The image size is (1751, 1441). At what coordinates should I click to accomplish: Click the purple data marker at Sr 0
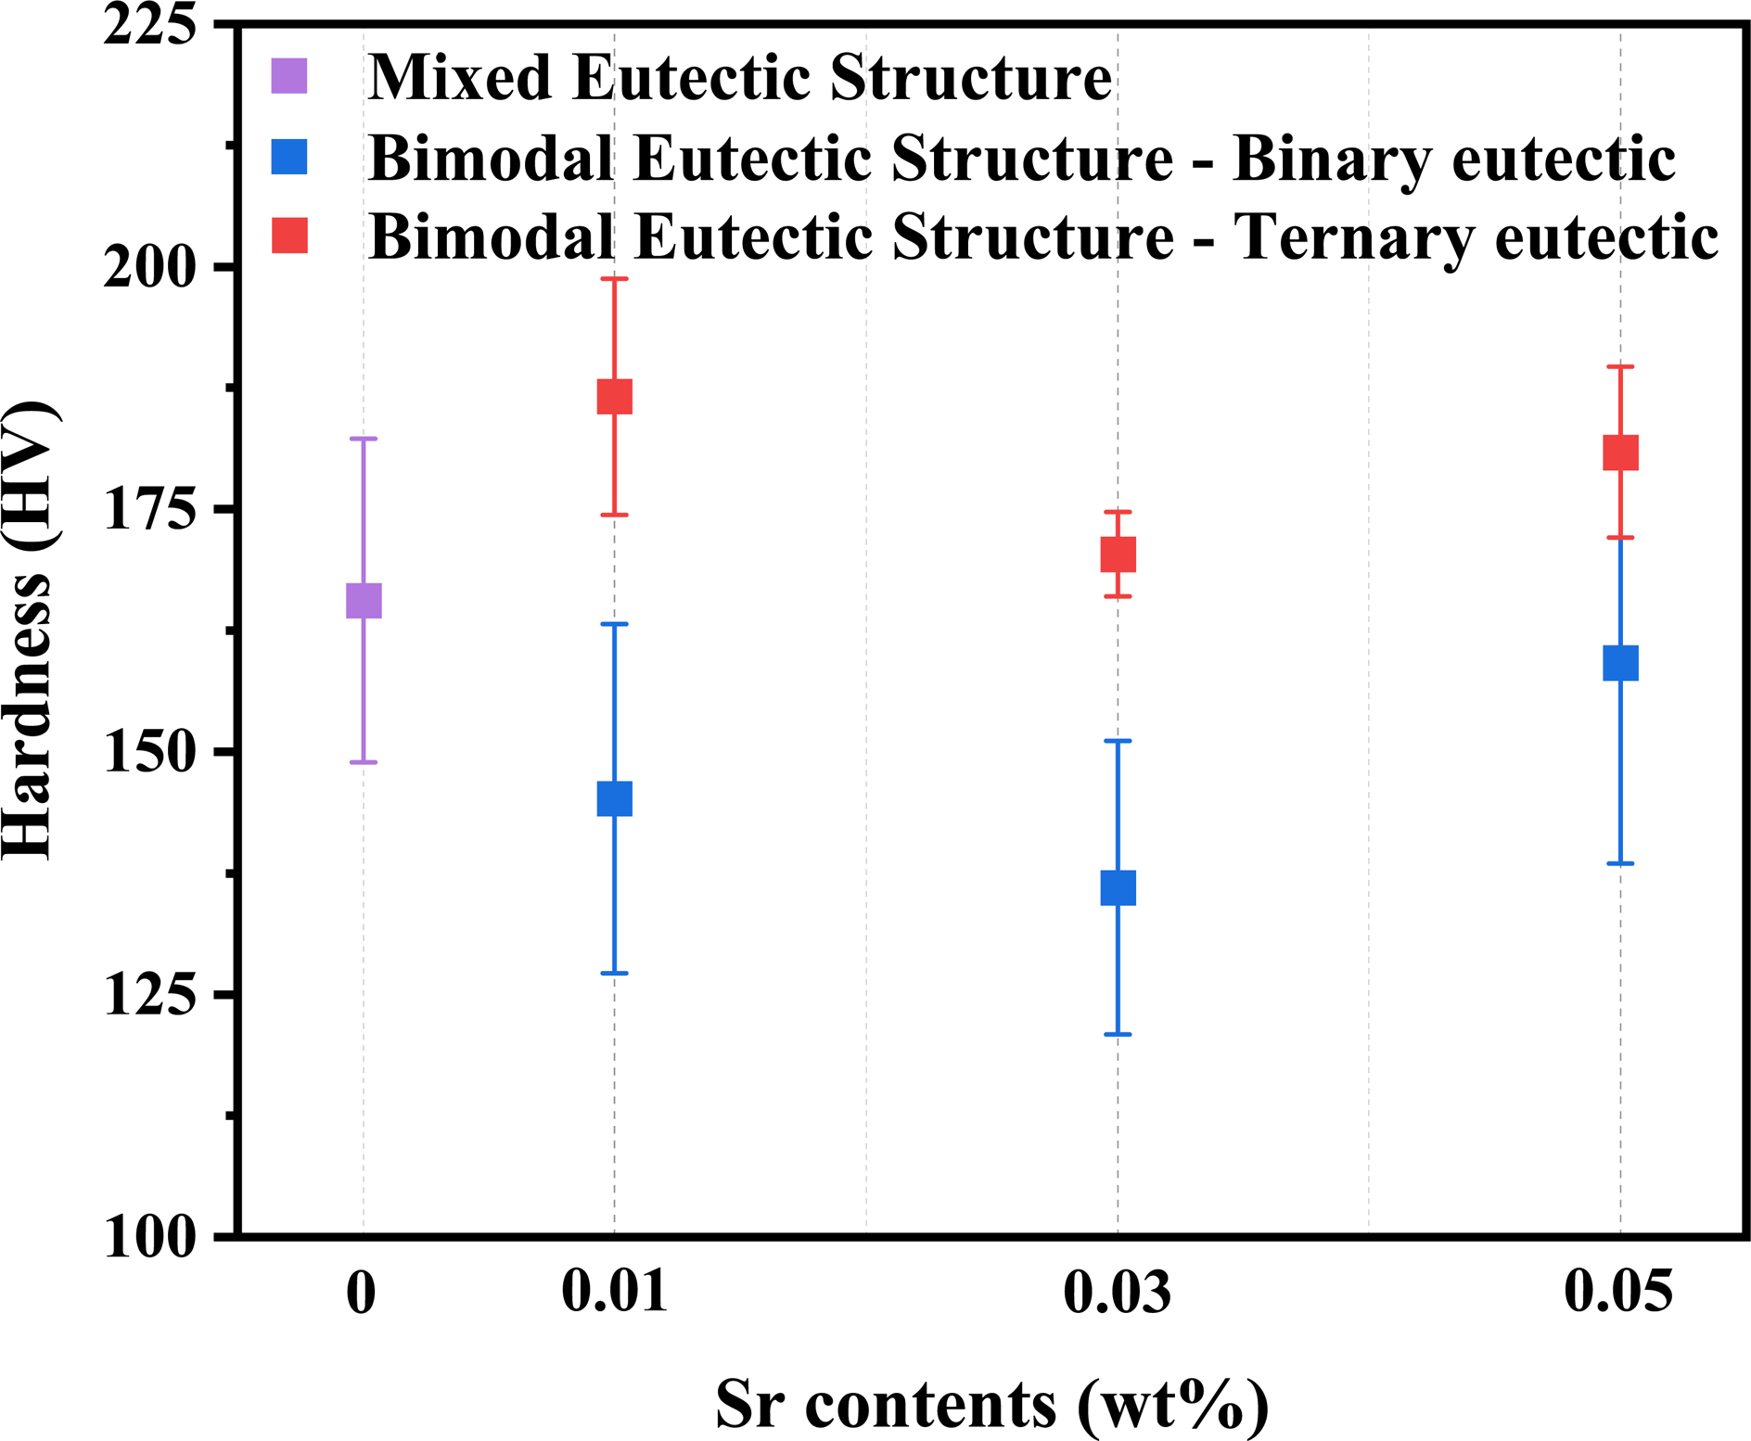pyautogui.click(x=364, y=601)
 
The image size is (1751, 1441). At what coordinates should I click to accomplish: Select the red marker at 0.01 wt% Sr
pyautogui.click(x=614, y=396)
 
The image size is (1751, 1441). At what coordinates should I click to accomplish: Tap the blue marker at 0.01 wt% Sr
pyautogui.click(x=614, y=798)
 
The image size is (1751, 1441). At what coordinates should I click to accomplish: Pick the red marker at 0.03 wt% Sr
pyautogui.click(x=1118, y=555)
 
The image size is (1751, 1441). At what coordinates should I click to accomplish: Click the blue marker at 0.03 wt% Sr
pyautogui.click(x=1118, y=888)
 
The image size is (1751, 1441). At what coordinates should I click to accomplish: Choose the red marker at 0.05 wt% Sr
pyautogui.click(x=1620, y=453)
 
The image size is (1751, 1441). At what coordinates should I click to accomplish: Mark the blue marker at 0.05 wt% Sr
pyautogui.click(x=1620, y=663)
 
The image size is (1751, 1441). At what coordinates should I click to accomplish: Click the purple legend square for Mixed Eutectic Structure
pyautogui.click(x=289, y=76)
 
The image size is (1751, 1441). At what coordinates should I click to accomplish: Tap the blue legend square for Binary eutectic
pyautogui.click(x=289, y=157)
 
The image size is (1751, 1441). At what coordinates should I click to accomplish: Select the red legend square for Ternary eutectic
pyautogui.click(x=289, y=236)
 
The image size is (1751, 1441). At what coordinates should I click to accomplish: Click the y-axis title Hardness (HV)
pyautogui.click(x=30, y=631)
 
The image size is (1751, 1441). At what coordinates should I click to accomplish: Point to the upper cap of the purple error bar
pyautogui.click(x=364, y=439)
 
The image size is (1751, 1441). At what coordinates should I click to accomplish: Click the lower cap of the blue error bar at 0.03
pyautogui.click(x=1118, y=1034)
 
